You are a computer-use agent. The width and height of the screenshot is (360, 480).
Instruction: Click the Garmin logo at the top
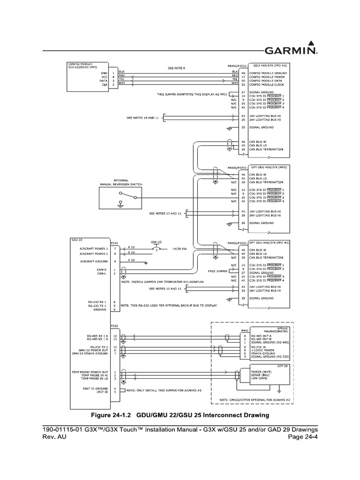290,50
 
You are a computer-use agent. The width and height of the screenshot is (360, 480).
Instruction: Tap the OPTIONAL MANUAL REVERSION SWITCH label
121,181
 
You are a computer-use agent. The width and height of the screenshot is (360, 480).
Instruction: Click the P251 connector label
115,243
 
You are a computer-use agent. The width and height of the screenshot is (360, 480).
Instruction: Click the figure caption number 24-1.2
122,415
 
